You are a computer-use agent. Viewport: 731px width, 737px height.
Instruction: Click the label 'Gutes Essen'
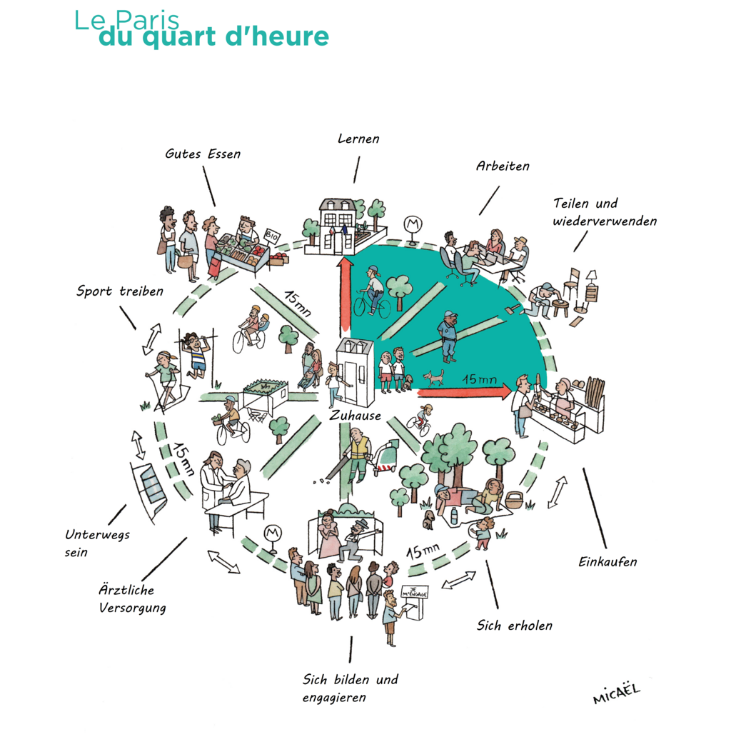click(x=203, y=154)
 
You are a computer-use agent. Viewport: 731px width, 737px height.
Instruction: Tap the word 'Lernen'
click(x=358, y=139)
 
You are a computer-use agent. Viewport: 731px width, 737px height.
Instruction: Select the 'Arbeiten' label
click(x=503, y=166)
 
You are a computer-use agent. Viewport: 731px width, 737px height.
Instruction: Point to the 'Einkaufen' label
click(x=608, y=561)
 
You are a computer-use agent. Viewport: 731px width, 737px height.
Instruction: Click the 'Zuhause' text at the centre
click(x=356, y=415)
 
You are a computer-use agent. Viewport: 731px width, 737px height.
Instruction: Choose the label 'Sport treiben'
click(x=120, y=291)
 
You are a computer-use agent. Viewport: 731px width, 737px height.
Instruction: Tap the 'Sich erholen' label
click(x=515, y=626)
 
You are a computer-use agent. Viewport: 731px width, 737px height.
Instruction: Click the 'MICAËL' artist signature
click(x=617, y=692)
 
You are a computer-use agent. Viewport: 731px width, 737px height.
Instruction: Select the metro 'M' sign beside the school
click(x=412, y=224)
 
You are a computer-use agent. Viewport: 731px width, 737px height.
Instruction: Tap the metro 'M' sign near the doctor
click(x=271, y=533)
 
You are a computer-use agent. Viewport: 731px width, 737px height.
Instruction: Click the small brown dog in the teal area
click(x=433, y=376)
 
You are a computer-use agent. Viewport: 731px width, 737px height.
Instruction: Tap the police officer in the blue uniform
click(x=448, y=335)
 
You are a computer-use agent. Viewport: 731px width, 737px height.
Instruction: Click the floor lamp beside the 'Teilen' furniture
click(x=591, y=283)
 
